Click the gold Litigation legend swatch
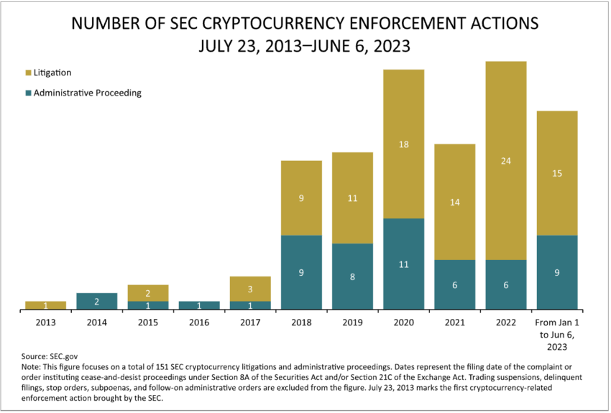point(28,73)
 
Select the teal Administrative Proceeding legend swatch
point(28,93)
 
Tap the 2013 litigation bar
point(46,306)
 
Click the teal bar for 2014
point(96,302)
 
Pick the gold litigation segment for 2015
point(148,293)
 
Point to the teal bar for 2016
point(199,306)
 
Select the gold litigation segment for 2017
point(250,289)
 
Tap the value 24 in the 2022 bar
point(506,161)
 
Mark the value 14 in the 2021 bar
point(455,203)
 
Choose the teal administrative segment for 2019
point(352,277)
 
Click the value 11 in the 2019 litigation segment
point(352,198)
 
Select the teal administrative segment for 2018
point(301,272)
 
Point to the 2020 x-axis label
point(404,322)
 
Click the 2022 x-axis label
point(506,322)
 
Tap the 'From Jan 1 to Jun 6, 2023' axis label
point(557,334)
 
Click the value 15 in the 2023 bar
point(557,173)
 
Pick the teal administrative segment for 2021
point(455,284)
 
